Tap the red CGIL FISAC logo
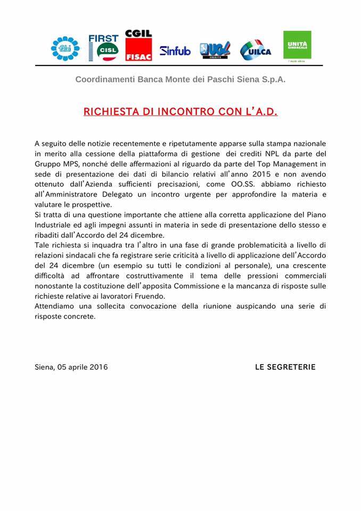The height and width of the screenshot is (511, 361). point(138,46)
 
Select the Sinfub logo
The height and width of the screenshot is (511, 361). point(175,51)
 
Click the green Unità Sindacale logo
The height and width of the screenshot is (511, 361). point(297,46)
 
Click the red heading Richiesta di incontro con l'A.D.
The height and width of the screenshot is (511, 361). point(180,112)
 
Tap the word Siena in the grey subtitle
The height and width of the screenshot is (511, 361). point(240,80)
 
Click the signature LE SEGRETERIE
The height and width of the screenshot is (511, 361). point(285,367)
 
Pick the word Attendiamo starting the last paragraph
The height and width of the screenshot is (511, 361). point(55,307)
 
